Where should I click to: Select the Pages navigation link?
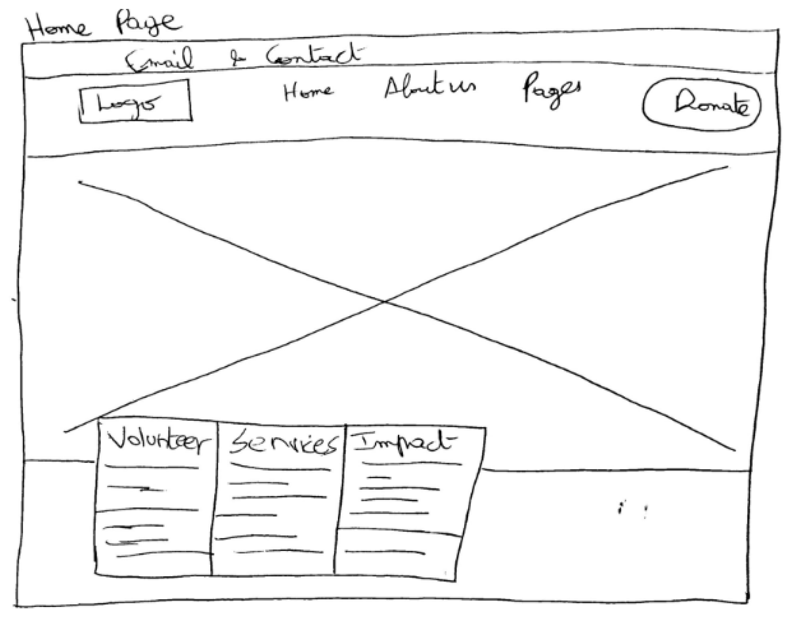(x=551, y=91)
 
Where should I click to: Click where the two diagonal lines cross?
(x=384, y=302)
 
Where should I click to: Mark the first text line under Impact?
(x=412, y=464)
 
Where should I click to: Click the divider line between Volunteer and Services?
(x=215, y=498)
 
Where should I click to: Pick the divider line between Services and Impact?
(x=340, y=498)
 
